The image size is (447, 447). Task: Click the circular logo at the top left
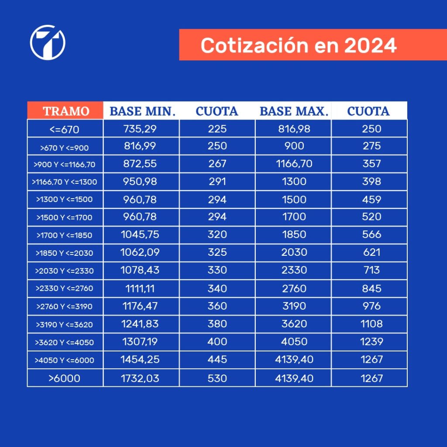tap(48, 42)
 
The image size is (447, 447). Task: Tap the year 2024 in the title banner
tap(370, 45)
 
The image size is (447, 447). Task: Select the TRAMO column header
tap(66, 111)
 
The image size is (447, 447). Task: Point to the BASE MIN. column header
tap(142, 111)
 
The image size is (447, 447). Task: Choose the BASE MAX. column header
tap(293, 111)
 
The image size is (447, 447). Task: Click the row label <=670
tap(65, 129)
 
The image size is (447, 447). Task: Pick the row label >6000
tap(65, 378)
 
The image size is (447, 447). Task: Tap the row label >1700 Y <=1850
tap(65, 235)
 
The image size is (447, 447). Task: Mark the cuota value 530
tap(217, 378)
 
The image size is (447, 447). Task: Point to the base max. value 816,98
tap(294, 129)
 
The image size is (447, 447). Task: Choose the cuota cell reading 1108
tap(371, 324)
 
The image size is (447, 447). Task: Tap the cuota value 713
tap(371, 270)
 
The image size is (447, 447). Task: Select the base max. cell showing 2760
tap(294, 289)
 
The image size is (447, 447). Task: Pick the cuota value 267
tap(217, 164)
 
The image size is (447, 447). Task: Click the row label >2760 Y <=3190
tap(65, 306)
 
